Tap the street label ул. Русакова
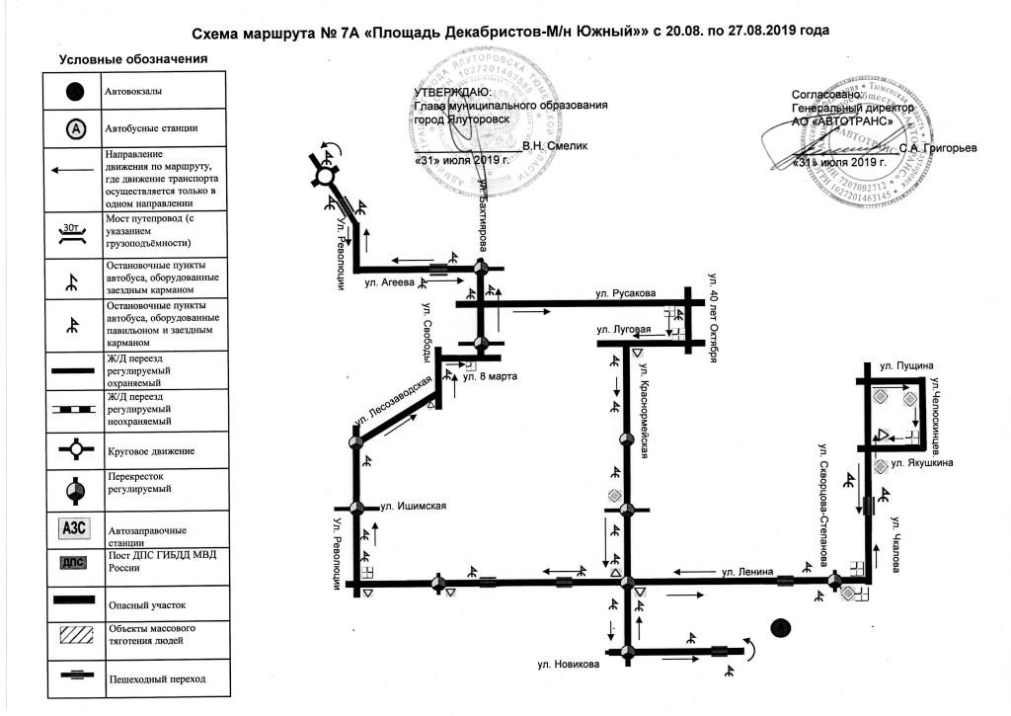click(x=625, y=293)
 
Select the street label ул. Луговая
click(x=622, y=330)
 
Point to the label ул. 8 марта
click(x=485, y=376)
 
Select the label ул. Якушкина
click(x=921, y=461)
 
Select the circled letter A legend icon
click(x=74, y=128)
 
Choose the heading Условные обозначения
click(x=133, y=59)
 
